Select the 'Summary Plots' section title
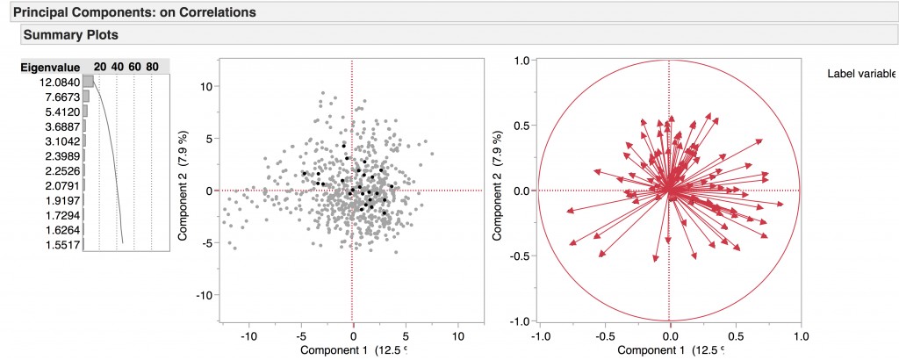coord(71,35)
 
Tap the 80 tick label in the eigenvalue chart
coord(152,67)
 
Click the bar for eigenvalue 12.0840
coord(88,82)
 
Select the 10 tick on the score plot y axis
coord(206,87)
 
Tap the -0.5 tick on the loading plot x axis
coord(603,336)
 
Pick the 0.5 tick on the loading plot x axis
coord(736,336)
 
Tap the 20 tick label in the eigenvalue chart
coord(100,67)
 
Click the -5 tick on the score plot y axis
coord(208,243)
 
